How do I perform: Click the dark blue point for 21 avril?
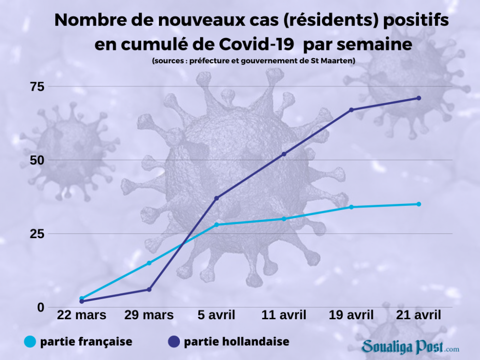tap(419, 98)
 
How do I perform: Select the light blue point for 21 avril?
tap(419, 204)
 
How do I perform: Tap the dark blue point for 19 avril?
tap(351, 110)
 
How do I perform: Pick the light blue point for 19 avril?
tap(351, 207)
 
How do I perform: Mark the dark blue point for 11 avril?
tap(284, 154)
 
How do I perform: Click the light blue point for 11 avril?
tap(284, 219)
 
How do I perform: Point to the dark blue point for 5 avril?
tap(216, 198)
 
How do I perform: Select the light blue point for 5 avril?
tap(216, 225)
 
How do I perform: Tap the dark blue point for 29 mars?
tap(149, 289)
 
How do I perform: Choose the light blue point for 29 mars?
tap(149, 263)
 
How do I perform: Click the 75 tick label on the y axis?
tap(37, 86)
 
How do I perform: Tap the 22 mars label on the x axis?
tap(82, 315)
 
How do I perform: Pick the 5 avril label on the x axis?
tap(216, 315)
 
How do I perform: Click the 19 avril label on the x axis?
tap(351, 315)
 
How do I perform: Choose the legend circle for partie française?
tap(30, 342)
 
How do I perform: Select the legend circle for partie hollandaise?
tap(173, 342)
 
